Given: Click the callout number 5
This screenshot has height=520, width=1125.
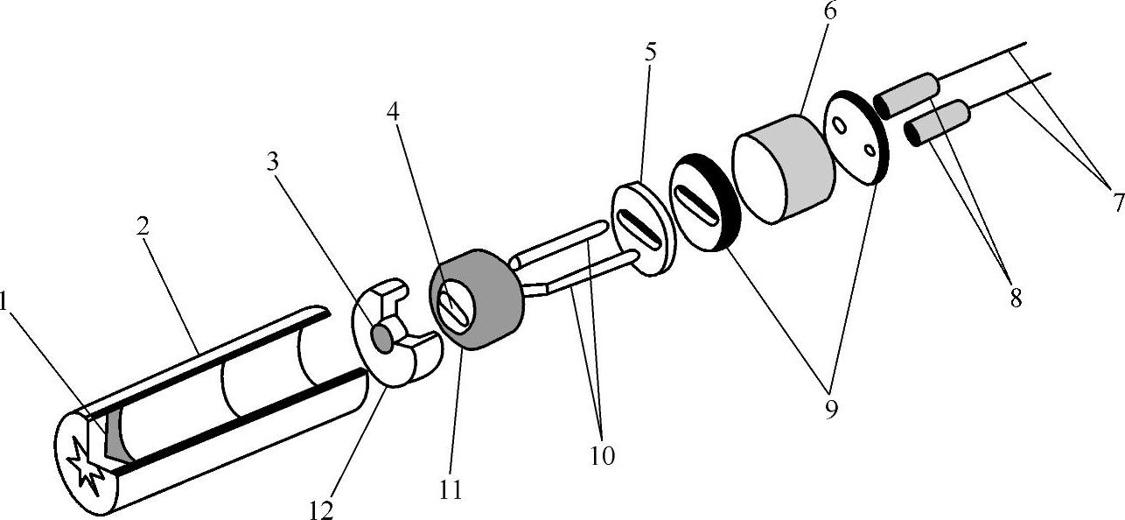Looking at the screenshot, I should tap(650, 52).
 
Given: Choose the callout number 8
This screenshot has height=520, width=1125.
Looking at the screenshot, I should tap(1016, 299).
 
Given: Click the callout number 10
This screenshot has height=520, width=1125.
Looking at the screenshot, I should tap(602, 455).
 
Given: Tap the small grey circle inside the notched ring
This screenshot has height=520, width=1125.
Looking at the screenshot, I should tap(383, 336).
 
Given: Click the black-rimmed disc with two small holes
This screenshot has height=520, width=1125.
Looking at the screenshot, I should tap(856, 138).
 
